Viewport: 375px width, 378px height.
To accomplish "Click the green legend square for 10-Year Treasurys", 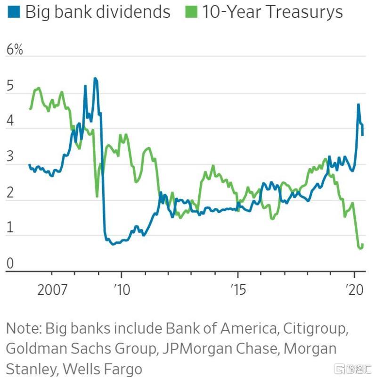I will [191, 12].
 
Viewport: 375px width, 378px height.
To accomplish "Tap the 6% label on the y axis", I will [14, 50].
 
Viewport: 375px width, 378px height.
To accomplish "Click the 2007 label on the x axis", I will [52, 288].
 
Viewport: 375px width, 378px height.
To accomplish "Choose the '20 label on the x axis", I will [355, 288].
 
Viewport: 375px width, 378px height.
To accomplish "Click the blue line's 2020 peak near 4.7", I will [359, 104].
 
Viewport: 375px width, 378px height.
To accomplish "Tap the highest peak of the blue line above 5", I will [95, 78].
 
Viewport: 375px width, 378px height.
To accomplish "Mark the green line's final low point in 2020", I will [361, 248].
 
